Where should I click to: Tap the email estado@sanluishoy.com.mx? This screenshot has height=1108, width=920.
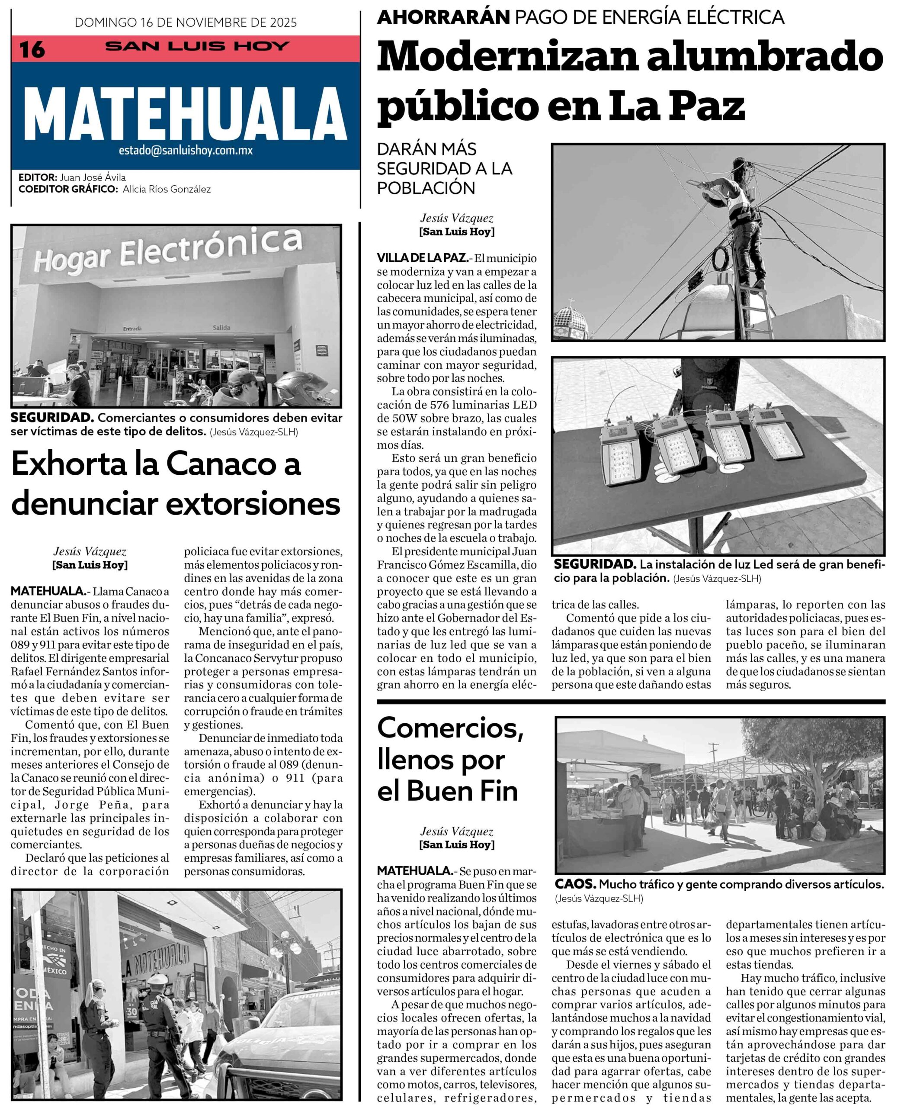tap(186, 150)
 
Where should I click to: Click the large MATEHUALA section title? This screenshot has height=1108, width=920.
tap(185, 113)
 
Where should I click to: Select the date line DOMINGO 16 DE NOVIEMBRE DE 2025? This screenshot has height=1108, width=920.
tap(186, 22)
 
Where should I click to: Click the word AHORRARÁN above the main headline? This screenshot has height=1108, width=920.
tap(443, 17)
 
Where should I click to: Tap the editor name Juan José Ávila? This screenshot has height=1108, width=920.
tap(93, 177)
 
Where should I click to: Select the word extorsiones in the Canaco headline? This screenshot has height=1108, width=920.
tap(253, 504)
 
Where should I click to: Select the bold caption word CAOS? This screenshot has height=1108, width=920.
tap(575, 884)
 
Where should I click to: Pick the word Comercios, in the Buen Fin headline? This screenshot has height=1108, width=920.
tap(450, 728)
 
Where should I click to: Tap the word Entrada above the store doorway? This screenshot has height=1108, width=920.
tap(132, 329)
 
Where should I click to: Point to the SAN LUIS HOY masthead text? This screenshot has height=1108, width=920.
tap(197, 46)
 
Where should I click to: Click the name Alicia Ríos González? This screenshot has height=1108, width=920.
tap(167, 189)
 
